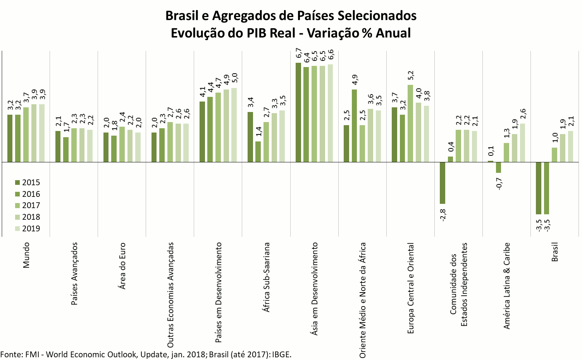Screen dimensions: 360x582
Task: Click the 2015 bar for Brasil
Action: click(538, 188)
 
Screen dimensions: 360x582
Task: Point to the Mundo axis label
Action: click(26, 255)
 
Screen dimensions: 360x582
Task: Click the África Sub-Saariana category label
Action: click(266, 277)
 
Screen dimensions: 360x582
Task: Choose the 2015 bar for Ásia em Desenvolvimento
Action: click(298, 112)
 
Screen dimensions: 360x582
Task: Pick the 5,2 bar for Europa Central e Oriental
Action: click(410, 123)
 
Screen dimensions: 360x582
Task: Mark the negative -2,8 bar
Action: click(443, 183)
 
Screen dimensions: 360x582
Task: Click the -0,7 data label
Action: click(499, 184)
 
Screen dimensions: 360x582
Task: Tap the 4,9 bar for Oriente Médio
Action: click(354, 126)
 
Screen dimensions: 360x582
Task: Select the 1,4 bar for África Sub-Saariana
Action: click(258, 152)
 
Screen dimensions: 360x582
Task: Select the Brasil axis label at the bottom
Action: click(554, 252)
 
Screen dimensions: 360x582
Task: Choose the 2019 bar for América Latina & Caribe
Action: click(522, 143)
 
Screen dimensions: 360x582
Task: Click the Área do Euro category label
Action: click(122, 266)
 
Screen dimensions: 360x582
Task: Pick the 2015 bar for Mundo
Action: click(10, 138)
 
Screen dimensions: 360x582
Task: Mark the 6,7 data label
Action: click(298, 53)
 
